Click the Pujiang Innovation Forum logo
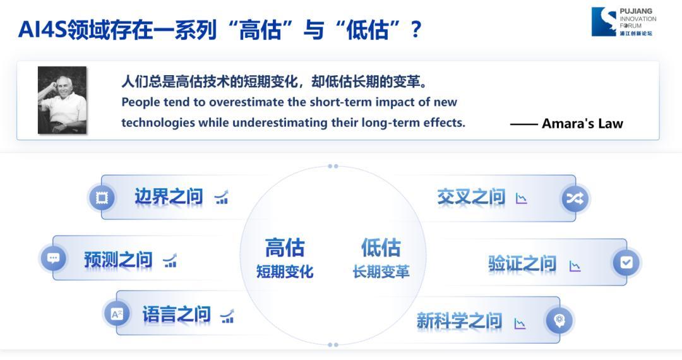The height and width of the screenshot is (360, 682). tap(624, 21)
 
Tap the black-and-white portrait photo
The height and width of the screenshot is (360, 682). tap(62, 100)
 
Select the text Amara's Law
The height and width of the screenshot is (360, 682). tap(582, 124)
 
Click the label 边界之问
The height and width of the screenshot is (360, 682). tap(169, 197)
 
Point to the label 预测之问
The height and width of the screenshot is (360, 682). tap(118, 260)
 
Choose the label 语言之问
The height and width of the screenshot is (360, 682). tap(177, 314)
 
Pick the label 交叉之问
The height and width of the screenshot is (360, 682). tap(471, 198)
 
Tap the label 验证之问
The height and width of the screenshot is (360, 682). tap(522, 263)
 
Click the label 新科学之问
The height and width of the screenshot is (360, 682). tap(459, 321)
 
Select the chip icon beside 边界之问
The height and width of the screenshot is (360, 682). tap(102, 198)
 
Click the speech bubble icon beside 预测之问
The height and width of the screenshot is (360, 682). tap(53, 258)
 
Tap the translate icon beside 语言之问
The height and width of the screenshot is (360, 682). tap(117, 313)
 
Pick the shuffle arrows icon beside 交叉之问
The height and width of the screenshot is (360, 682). tap(575, 199)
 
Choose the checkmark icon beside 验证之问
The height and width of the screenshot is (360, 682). tap(626, 262)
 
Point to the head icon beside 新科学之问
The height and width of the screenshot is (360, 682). tap(559, 320)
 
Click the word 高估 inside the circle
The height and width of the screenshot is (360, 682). tap(285, 248)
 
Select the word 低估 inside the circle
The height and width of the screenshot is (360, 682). tap(381, 248)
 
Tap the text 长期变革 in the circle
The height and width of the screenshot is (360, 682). tap(381, 272)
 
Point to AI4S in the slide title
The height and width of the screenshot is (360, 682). tap(43, 30)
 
